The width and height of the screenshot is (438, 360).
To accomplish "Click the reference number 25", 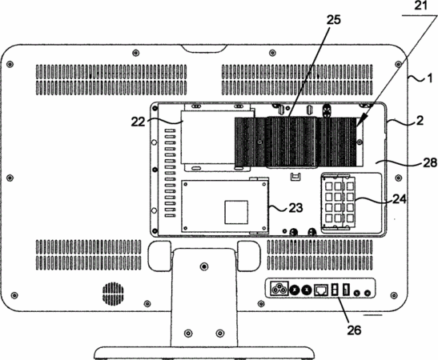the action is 333,20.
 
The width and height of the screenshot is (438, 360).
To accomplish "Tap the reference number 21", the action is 420,6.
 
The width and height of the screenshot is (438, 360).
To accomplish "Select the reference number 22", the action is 139,122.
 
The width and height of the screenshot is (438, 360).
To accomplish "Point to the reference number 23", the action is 295,208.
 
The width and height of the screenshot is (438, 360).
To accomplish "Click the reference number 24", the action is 400,199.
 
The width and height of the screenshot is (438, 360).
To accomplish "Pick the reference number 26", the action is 354,330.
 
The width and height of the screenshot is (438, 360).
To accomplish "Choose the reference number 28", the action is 430,162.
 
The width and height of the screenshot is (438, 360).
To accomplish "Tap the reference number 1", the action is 430,78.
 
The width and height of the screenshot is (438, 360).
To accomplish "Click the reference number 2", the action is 420,121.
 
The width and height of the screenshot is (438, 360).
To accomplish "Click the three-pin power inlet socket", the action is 279,289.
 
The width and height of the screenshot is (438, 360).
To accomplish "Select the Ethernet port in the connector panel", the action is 321,290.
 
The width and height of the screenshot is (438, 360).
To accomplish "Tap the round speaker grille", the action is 113,294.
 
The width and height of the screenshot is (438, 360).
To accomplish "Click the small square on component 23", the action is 236,212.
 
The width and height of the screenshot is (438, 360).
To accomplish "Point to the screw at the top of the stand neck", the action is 204,266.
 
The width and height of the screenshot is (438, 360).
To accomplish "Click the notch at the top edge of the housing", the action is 203,49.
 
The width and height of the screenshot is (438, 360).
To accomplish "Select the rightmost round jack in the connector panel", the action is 368,293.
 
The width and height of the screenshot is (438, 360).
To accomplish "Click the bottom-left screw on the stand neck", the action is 188,333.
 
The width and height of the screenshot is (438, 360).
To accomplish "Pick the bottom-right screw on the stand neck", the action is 220,333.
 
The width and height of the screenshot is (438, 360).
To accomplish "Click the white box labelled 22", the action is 208,138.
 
